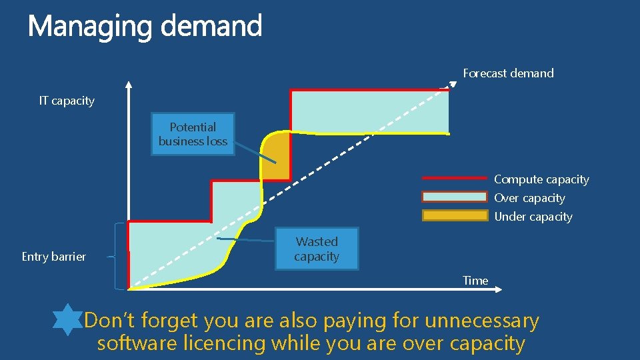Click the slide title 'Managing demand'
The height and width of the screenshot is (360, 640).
pos(145,27)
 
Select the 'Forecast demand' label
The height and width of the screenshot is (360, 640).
pos(508,73)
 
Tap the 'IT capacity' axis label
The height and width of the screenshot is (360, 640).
pos(67,101)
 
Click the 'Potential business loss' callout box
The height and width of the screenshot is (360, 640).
pos(193,134)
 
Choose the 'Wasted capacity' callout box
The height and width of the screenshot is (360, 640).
pos(317,249)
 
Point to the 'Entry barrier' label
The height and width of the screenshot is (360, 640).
pos(53,257)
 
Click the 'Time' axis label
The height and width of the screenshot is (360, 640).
pos(475,281)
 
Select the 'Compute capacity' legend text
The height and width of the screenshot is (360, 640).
pos(541,179)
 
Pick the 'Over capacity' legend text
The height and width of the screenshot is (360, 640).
pos(529,198)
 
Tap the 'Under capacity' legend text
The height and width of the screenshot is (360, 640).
pos(533,217)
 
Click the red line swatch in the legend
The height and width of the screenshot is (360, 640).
pos(455,178)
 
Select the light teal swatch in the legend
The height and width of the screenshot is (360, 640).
pos(455,197)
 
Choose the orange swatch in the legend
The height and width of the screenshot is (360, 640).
pos(455,215)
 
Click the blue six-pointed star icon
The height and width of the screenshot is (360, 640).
pos(67,320)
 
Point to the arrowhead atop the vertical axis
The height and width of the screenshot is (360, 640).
pos(129,85)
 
